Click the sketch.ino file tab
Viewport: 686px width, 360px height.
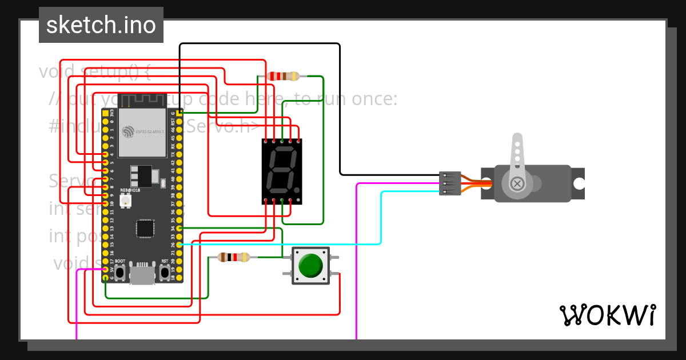[101, 25]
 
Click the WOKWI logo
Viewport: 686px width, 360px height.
[607, 315]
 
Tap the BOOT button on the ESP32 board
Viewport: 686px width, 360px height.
[120, 273]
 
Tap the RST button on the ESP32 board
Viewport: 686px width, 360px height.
[165, 273]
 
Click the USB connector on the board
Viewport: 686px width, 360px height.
[142, 275]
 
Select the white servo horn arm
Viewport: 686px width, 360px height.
[517, 157]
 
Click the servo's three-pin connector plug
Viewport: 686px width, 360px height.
[450, 183]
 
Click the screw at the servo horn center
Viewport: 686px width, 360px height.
[517, 183]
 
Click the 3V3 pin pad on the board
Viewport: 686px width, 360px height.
[105, 114]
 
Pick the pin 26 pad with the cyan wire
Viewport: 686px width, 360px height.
[180, 245]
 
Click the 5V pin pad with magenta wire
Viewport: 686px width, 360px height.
[105, 270]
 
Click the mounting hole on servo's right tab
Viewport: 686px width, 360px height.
[579, 183]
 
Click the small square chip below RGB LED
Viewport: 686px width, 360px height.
[145, 229]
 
